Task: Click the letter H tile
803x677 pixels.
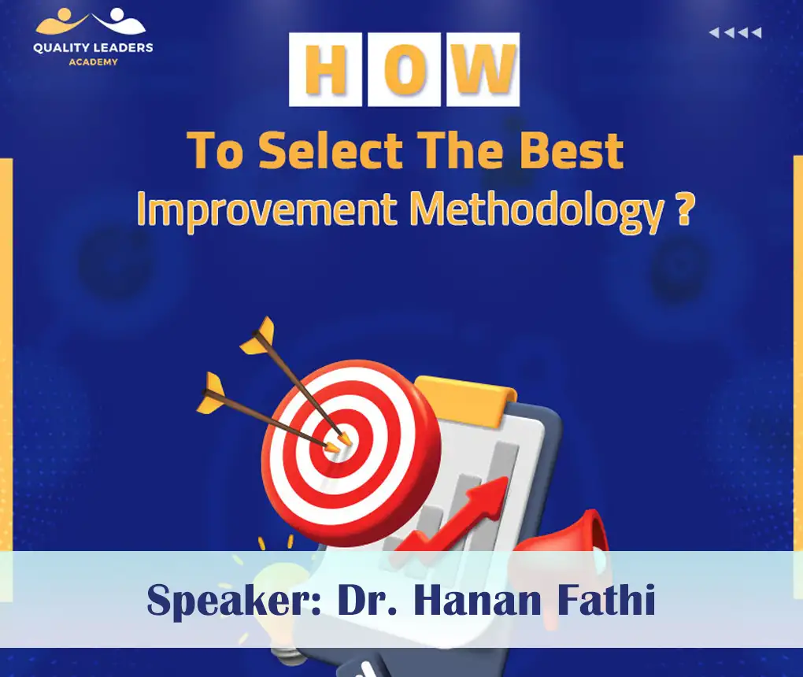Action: pos(325,69)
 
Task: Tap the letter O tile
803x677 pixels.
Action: pos(404,69)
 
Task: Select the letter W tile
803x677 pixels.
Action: pos(483,69)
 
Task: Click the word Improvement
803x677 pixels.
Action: pos(268,210)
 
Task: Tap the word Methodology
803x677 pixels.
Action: pos(536,211)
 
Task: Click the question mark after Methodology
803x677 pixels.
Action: pos(684,209)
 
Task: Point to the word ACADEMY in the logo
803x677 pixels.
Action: pos(93,61)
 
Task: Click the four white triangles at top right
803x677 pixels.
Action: pos(735,33)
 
